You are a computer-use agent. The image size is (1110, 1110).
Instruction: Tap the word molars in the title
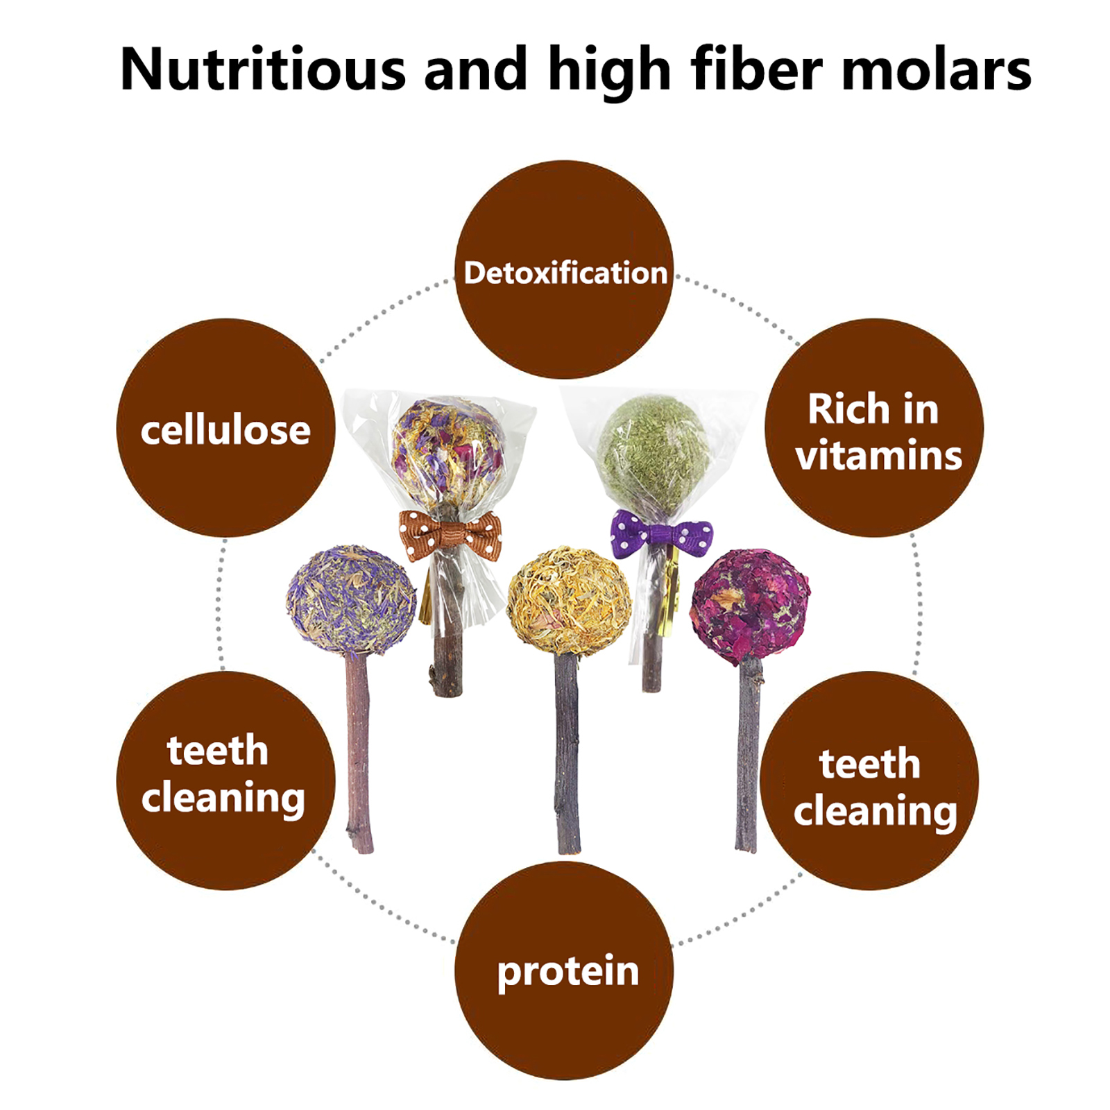(x=937, y=69)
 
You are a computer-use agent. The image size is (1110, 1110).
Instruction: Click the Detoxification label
(x=565, y=273)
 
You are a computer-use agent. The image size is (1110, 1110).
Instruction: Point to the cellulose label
(x=225, y=430)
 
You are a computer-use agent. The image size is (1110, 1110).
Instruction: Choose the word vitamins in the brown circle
(x=879, y=456)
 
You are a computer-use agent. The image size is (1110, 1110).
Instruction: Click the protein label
(x=568, y=971)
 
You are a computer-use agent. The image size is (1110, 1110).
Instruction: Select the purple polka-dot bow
(x=661, y=535)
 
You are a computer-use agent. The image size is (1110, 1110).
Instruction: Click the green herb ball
(x=652, y=454)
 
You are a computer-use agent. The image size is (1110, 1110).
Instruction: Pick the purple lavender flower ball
(x=351, y=600)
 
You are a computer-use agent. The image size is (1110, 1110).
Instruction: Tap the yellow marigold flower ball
(x=569, y=601)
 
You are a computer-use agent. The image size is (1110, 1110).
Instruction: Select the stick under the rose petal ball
(x=747, y=755)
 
